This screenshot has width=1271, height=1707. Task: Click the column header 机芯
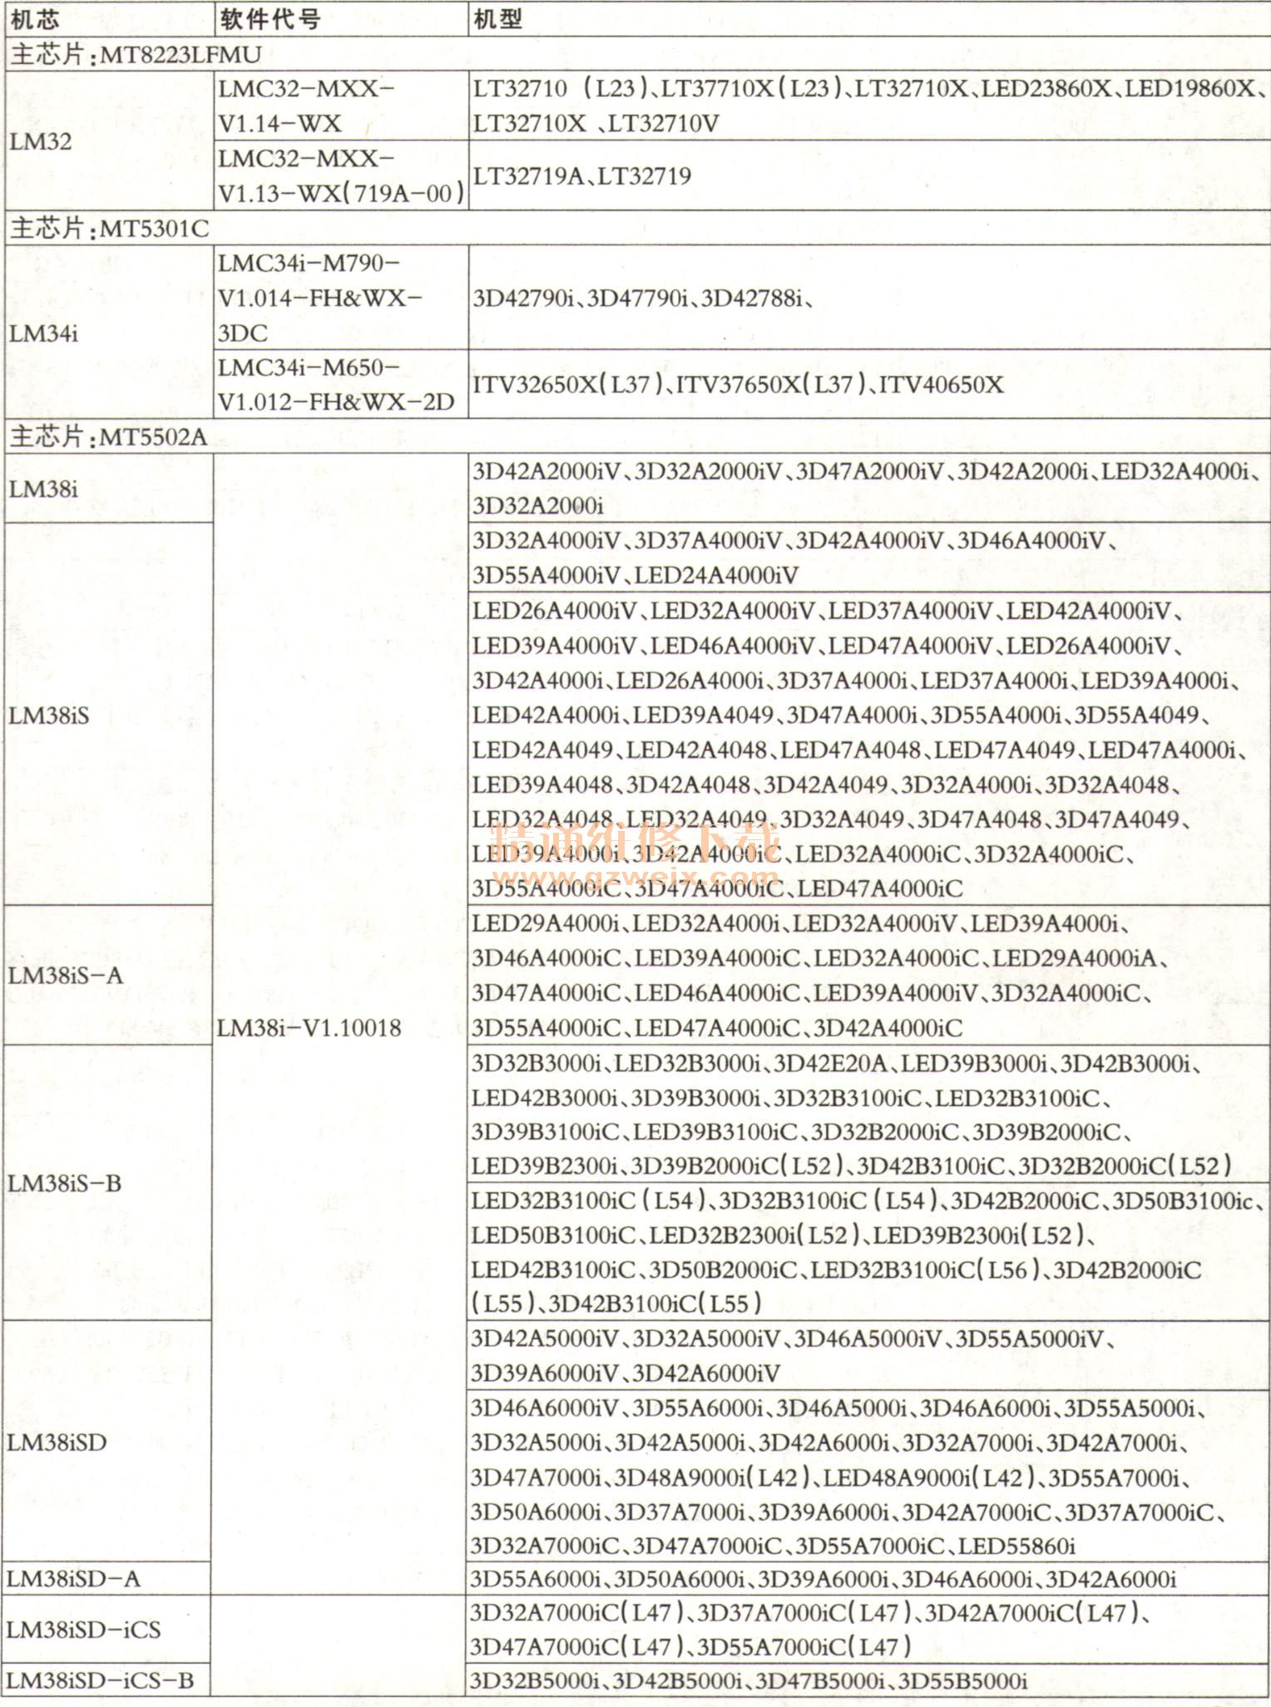pos(35,18)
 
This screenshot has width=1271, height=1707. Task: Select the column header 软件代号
pos(270,18)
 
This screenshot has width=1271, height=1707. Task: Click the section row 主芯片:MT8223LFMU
pos(136,55)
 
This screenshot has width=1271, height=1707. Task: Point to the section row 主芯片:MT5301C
pos(110,228)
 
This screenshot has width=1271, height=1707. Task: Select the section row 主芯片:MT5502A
pos(109,437)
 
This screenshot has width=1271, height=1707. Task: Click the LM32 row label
pos(41,141)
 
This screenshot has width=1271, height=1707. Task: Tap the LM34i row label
pos(44,334)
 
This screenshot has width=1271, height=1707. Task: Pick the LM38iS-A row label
pos(66,975)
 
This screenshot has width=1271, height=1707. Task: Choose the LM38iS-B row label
pos(65,1183)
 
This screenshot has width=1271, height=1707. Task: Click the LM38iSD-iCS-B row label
pos(100,1680)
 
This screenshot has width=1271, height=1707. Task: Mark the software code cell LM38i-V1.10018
pos(309,1028)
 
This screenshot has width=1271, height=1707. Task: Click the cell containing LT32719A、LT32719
pos(582,176)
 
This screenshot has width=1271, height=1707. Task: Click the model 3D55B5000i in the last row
pos(962,1680)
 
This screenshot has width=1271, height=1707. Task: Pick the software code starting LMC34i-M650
pos(336,384)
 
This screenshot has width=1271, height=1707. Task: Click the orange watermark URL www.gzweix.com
pos(636,877)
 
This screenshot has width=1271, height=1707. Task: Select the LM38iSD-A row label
pos(73,1579)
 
